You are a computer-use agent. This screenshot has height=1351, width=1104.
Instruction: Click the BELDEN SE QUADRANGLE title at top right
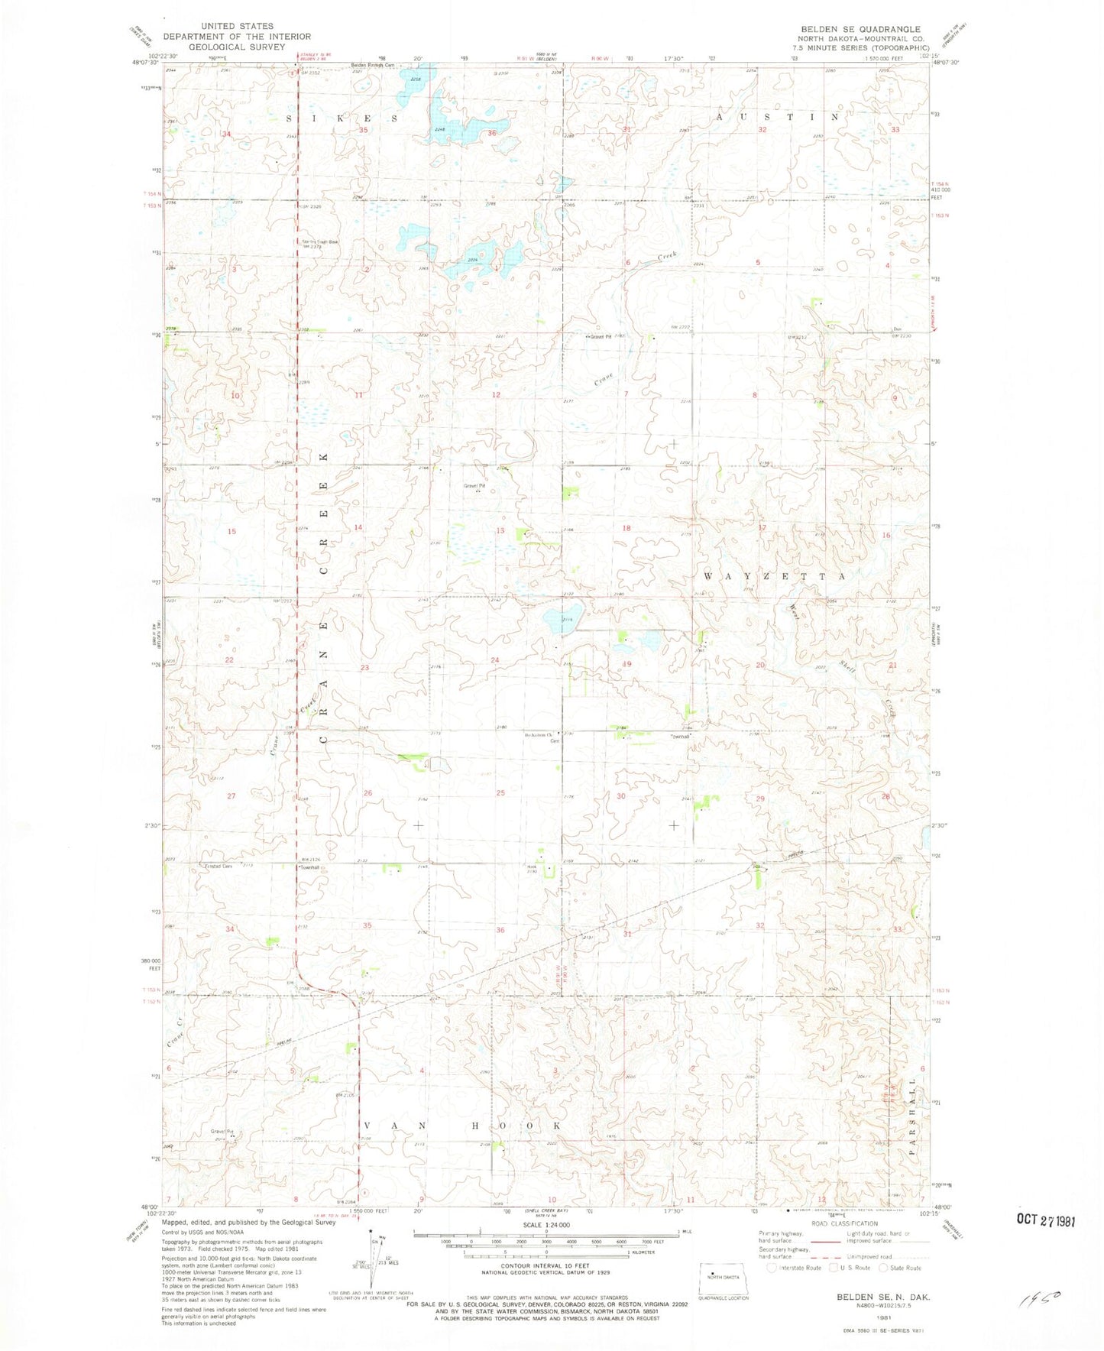(x=860, y=29)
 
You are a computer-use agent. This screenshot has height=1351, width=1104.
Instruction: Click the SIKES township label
(x=342, y=118)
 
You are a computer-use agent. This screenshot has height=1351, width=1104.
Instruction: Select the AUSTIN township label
(x=778, y=117)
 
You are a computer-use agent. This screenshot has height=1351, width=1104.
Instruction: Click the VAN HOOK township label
(x=463, y=1126)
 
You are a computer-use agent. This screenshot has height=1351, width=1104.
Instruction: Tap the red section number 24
(x=495, y=660)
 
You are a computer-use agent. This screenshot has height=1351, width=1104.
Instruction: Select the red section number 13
(x=500, y=531)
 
